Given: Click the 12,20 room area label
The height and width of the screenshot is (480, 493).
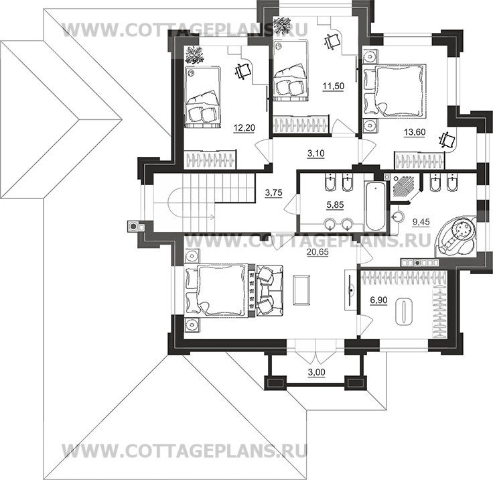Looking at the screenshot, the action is tap(244, 128).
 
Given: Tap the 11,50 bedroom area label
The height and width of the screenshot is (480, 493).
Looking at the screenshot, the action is tap(334, 86).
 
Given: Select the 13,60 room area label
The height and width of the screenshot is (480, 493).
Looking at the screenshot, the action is tap(415, 132).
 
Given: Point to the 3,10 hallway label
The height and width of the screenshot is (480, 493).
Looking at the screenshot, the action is tap(315, 154).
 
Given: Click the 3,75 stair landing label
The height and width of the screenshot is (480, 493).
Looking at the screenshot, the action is tap(273, 192).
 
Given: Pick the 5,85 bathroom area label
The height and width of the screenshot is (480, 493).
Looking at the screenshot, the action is tap(335, 205).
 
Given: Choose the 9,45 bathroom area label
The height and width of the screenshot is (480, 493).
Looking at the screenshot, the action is tap(421, 222).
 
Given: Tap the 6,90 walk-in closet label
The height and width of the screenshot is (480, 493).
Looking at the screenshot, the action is tap(379, 300).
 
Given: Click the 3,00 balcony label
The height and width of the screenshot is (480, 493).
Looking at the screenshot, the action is tap(317, 372).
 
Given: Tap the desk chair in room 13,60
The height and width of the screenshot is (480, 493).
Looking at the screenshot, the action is tap(447, 140).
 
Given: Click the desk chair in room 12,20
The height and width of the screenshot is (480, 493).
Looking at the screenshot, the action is tap(242, 72).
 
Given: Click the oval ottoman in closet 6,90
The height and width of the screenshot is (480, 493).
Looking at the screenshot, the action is tap(403, 312).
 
